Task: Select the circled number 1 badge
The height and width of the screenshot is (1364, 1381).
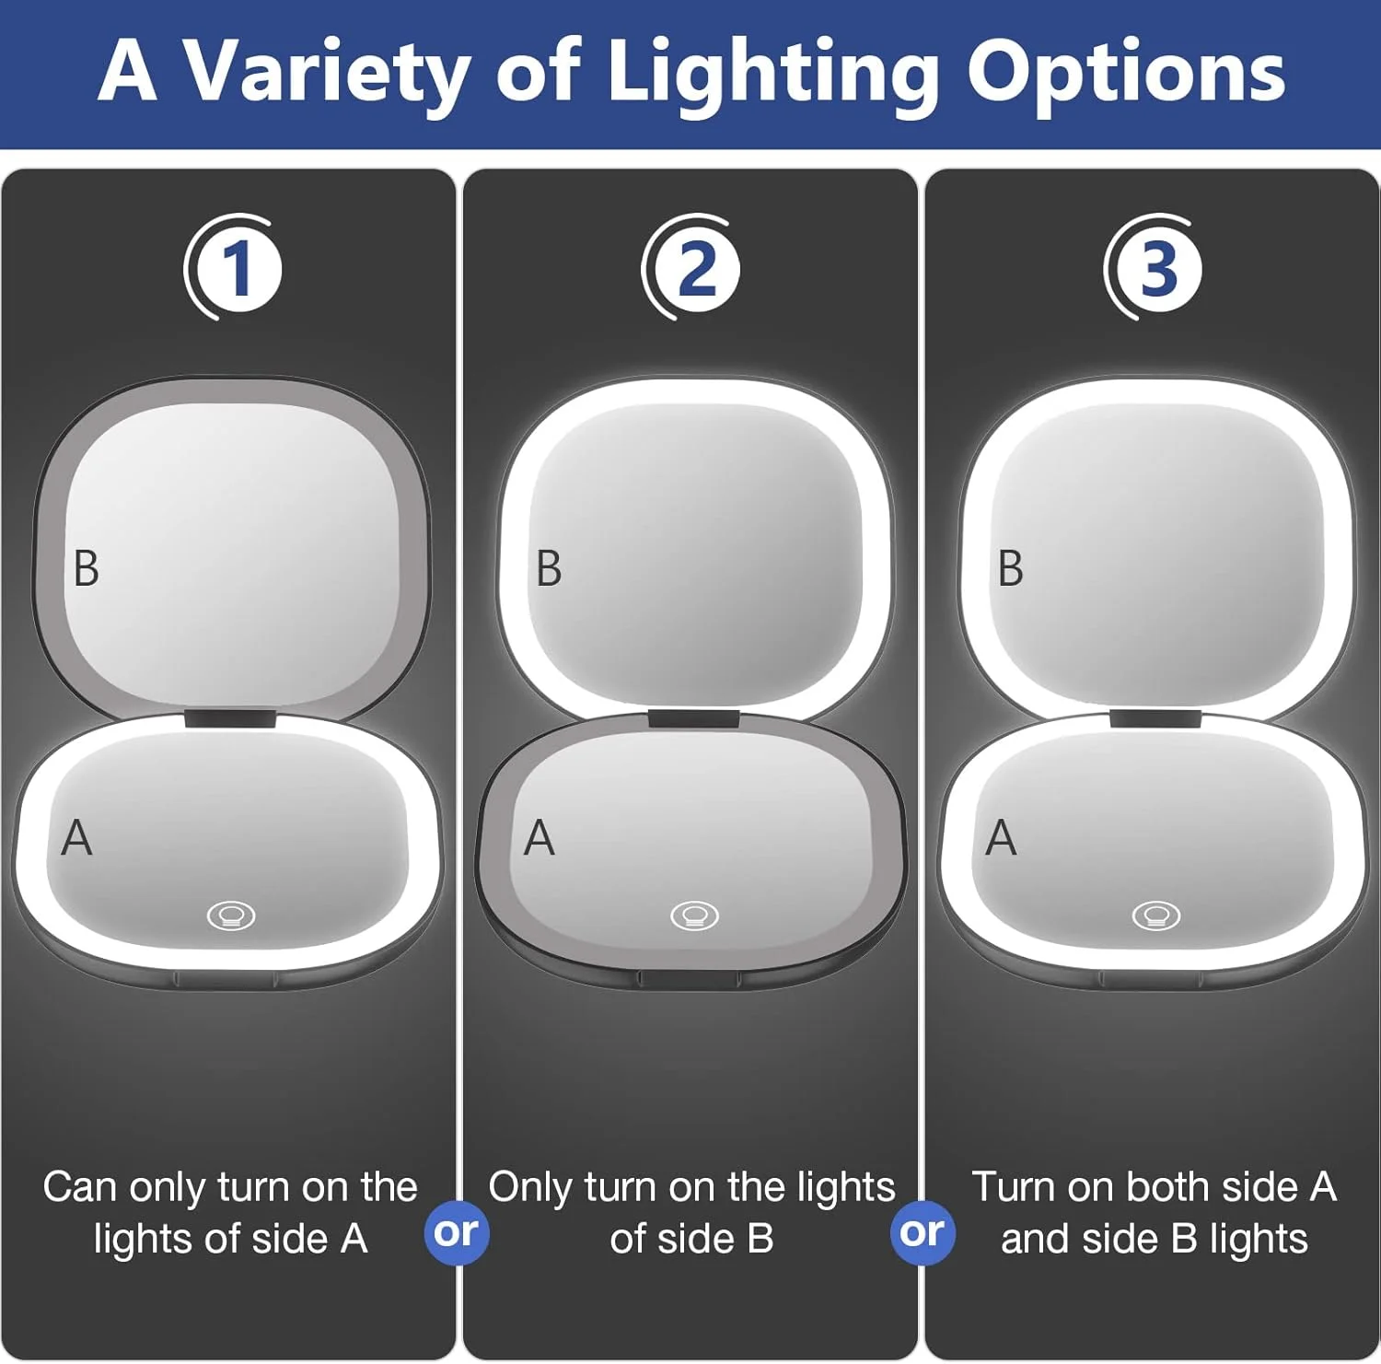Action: [234, 268]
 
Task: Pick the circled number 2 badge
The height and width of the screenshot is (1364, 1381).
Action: [692, 268]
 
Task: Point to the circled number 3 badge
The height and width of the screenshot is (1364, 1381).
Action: [1155, 268]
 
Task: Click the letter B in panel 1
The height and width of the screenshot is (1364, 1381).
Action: [86, 568]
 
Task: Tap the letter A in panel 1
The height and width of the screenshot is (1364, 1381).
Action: [76, 838]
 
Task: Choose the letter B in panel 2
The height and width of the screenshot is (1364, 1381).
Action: [549, 568]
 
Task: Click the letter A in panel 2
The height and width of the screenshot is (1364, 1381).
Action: [540, 838]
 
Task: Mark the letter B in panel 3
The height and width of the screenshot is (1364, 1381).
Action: [1011, 568]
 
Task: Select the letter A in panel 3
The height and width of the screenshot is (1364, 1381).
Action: [1002, 838]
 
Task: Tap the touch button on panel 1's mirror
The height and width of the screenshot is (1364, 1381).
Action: [231, 915]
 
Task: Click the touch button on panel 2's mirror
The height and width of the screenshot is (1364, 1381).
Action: [694, 915]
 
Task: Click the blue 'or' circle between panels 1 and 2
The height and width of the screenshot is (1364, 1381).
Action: [457, 1232]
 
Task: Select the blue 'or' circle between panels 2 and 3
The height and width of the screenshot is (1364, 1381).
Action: [923, 1232]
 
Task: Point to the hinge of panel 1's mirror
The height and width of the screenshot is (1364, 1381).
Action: [230, 718]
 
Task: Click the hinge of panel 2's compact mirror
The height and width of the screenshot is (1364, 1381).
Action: [693, 718]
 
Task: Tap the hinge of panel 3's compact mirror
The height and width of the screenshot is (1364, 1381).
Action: [1155, 718]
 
